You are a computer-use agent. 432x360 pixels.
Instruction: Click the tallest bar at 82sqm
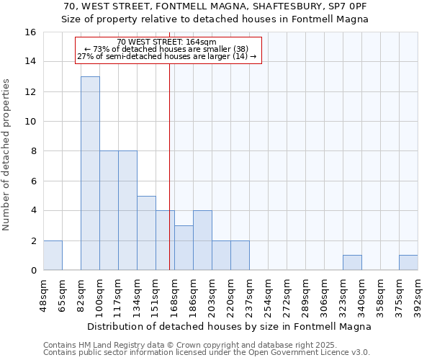pos(90,173)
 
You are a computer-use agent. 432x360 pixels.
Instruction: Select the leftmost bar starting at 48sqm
pos(53,256)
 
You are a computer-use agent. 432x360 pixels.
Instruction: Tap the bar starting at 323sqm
pos(352,263)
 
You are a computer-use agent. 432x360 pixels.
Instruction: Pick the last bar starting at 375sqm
pos(408,263)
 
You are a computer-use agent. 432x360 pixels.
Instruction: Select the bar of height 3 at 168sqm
pos(184,248)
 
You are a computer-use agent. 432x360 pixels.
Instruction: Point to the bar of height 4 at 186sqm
pos(202,240)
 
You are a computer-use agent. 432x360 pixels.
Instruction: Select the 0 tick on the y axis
pos(33,271)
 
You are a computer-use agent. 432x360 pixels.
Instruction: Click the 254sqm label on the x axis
pos(269,293)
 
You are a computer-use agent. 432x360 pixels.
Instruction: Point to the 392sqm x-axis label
pos(418,293)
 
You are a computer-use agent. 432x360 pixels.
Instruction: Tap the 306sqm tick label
pos(325,293)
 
